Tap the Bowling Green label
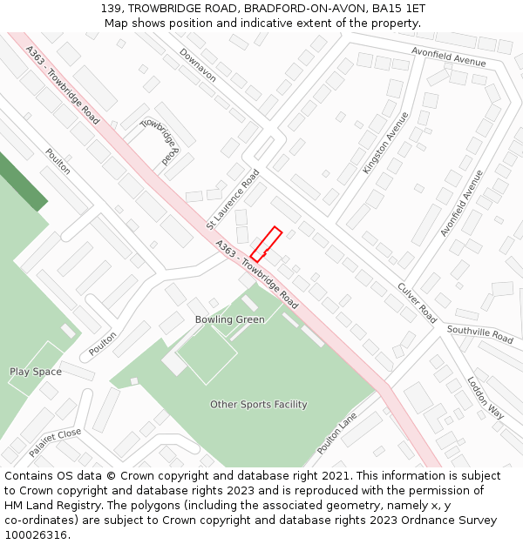tap(230, 319)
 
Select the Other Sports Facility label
tap(259, 404)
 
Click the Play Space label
tap(36, 372)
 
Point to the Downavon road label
tap(198, 65)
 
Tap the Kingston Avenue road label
tap(385, 143)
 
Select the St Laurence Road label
tap(234, 199)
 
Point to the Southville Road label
tap(480, 332)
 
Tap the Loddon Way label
tap(486, 398)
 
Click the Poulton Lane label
tap(336, 433)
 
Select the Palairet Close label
tap(55, 442)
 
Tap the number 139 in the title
tap(111, 9)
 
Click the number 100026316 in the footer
tap(37, 534)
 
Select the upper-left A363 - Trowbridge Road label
tap(63, 84)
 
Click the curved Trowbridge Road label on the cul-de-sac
tap(161, 138)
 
